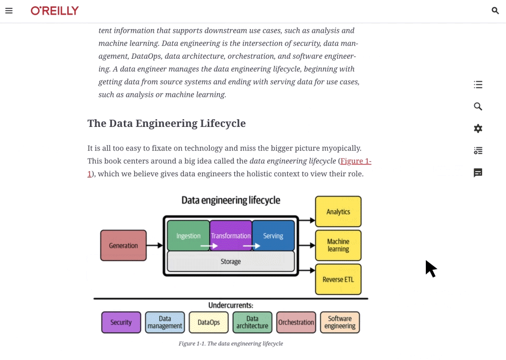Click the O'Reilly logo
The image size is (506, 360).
pyautogui.click(x=55, y=10)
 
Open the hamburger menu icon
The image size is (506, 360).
pyautogui.click(x=9, y=10)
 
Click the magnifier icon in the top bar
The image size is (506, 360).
pyautogui.click(x=495, y=10)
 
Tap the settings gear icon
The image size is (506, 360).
pyautogui.click(x=478, y=128)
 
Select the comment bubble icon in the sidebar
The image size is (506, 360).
pyautogui.click(x=478, y=173)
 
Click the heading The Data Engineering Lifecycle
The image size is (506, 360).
pyautogui.click(x=166, y=123)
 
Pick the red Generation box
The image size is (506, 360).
pyautogui.click(x=123, y=246)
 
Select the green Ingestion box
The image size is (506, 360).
pyautogui.click(x=188, y=236)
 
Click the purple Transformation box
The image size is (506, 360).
pyautogui.click(x=231, y=236)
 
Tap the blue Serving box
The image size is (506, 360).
pyautogui.click(x=273, y=236)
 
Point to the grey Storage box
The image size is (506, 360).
pyautogui.click(x=231, y=262)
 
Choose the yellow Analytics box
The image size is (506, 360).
pyautogui.click(x=338, y=212)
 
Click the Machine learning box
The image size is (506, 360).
pyautogui.click(x=338, y=245)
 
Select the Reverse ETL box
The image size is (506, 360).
pyautogui.click(x=338, y=279)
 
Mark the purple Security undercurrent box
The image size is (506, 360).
pyautogui.click(x=121, y=323)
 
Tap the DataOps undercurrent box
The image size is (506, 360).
pyautogui.click(x=209, y=323)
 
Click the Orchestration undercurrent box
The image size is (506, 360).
pyautogui.click(x=296, y=323)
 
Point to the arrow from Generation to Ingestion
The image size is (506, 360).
pyautogui.click(x=155, y=246)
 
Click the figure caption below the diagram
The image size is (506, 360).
pyautogui.click(x=231, y=343)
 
